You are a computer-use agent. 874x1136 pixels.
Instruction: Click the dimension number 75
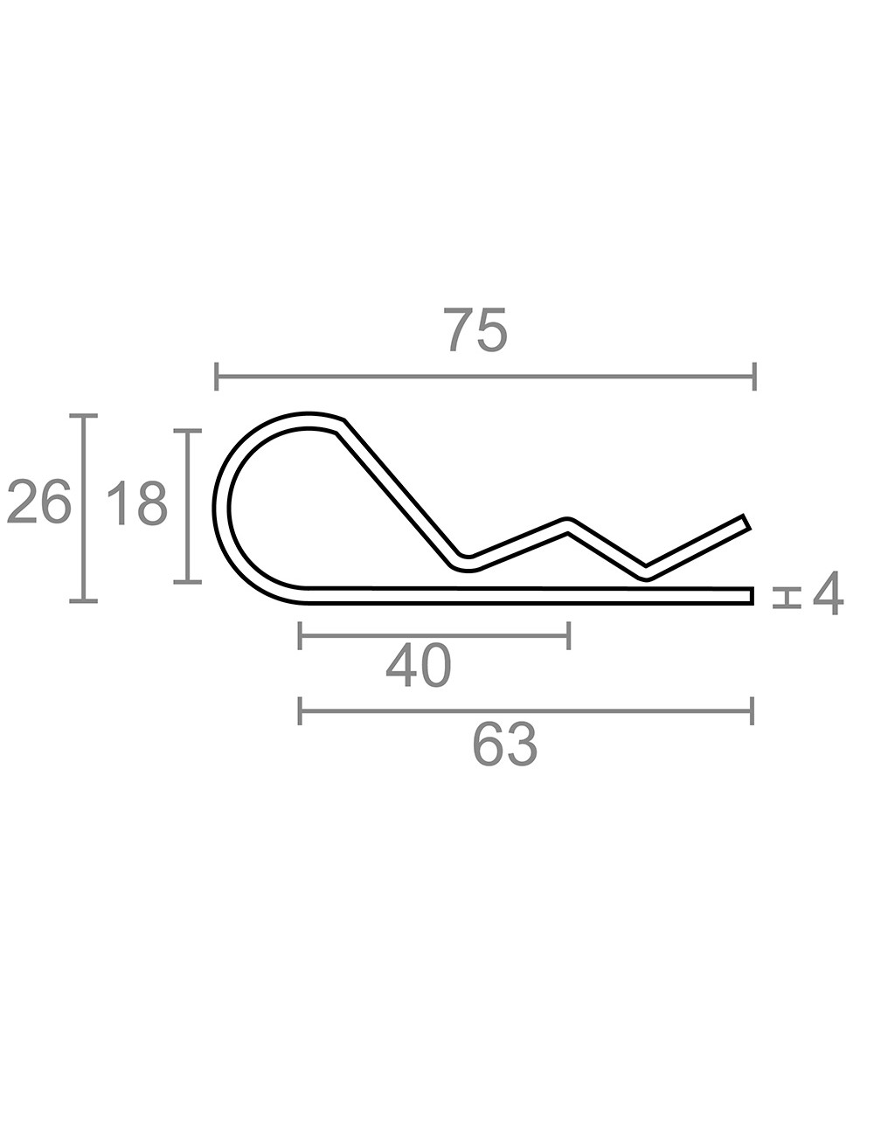pyautogui.click(x=475, y=329)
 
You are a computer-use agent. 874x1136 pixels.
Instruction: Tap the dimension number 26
pyautogui.click(x=38, y=502)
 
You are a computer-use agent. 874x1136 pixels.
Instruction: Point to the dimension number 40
pyautogui.click(x=418, y=667)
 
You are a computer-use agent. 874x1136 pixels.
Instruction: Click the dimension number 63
pyautogui.click(x=505, y=745)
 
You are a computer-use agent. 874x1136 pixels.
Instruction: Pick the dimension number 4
pyautogui.click(x=828, y=593)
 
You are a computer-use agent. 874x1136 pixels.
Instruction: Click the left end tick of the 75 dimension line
pyautogui.click(x=217, y=376)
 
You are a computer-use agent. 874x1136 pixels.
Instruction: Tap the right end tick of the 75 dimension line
pyautogui.click(x=754, y=376)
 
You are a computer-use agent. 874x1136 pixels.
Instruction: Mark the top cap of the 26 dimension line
pyautogui.click(x=84, y=416)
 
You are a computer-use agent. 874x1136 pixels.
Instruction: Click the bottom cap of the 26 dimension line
pyautogui.click(x=84, y=601)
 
